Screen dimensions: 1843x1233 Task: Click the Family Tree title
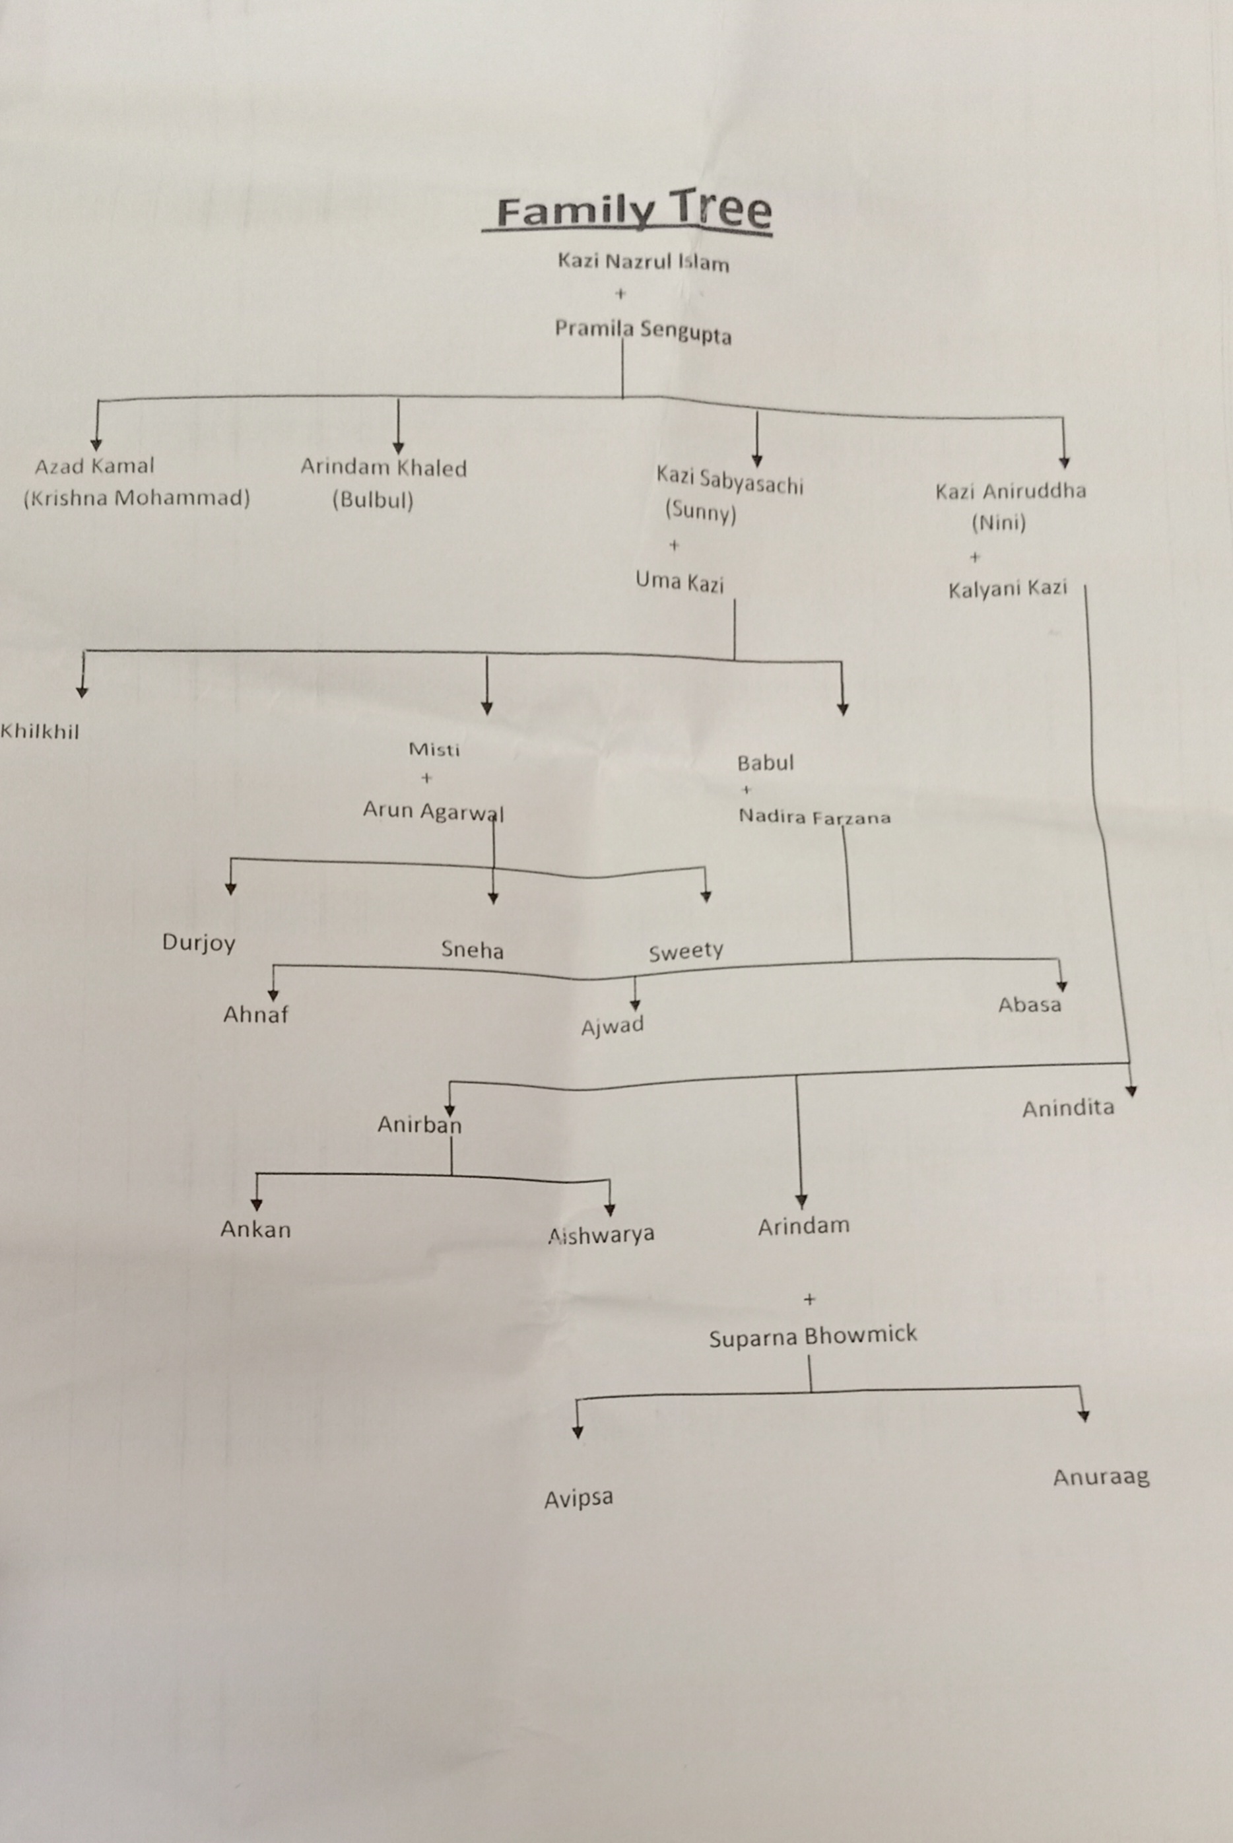click(634, 211)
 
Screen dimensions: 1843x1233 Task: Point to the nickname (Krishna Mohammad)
click(137, 498)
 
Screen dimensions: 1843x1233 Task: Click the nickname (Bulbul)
click(373, 500)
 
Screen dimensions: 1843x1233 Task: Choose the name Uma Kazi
click(679, 582)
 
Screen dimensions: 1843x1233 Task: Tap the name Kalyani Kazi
click(1007, 589)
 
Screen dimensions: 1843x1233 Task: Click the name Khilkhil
click(40, 732)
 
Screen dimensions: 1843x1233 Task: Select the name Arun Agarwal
click(433, 811)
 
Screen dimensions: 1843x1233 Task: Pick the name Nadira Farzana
click(814, 817)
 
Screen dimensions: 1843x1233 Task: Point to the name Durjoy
click(199, 942)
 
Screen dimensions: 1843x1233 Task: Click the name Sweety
click(686, 952)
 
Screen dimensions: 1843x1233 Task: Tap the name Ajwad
click(613, 1026)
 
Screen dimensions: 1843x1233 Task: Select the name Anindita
click(1068, 1108)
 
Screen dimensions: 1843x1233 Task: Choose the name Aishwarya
click(601, 1235)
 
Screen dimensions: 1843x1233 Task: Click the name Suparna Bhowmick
click(813, 1336)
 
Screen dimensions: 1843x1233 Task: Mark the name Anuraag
click(1101, 1477)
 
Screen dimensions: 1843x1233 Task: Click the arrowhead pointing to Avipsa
click(577, 1432)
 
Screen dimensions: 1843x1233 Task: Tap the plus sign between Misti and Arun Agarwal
click(427, 778)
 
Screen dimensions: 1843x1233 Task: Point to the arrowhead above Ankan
click(256, 1205)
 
